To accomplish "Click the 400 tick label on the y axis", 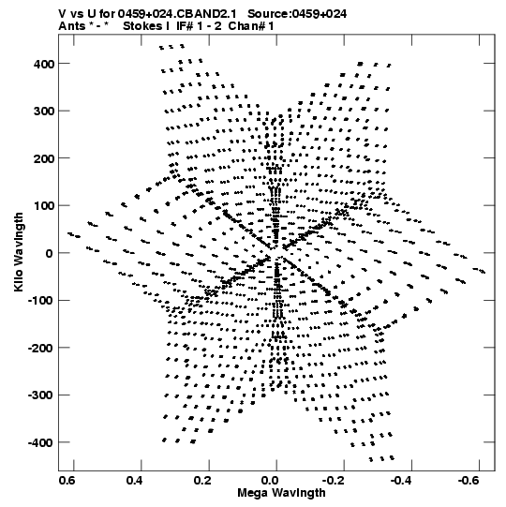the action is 44,64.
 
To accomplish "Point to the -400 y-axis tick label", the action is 40,442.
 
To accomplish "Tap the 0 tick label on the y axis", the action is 49,253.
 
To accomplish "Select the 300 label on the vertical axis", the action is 44,112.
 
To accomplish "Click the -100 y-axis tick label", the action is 40,301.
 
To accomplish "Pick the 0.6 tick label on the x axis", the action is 67,481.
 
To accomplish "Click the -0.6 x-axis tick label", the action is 469,481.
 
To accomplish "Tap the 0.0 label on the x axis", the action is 270,481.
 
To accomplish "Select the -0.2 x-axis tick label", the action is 333,481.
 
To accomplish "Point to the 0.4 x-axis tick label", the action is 135,481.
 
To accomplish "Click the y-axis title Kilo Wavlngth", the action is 19,252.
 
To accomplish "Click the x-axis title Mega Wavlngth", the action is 281,493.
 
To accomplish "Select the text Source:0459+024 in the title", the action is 297,14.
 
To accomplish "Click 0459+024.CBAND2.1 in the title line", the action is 177,14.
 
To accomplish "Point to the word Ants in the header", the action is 71,26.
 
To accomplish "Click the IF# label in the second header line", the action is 185,26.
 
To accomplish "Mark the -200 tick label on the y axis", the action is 40,348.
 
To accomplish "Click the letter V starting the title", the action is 62,14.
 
